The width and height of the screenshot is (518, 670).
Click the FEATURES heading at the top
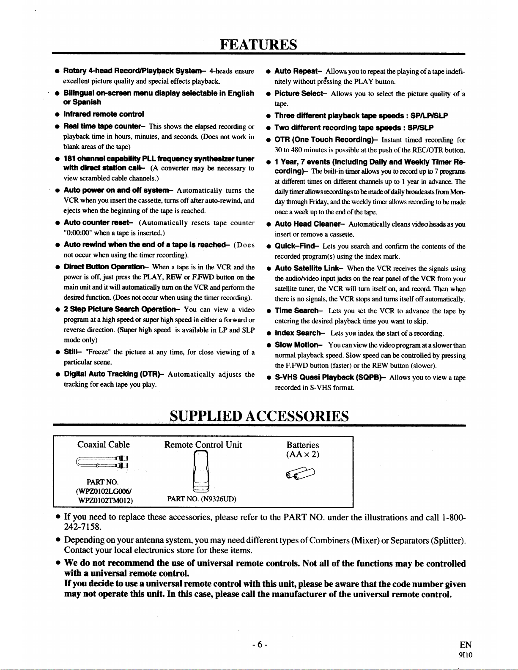[258, 44]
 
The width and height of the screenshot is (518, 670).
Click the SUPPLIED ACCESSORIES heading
[259, 416]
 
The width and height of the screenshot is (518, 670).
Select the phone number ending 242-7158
[83, 527]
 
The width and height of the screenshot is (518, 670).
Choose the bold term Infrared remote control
[104, 114]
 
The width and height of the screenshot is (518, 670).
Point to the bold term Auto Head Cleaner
[310, 224]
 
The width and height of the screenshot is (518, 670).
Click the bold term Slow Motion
[299, 345]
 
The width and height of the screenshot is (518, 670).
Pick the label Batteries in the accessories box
[302, 445]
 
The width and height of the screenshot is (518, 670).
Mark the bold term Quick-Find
[296, 246]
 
